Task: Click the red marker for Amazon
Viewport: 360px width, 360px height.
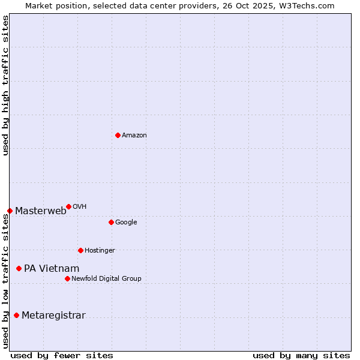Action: (x=118, y=135)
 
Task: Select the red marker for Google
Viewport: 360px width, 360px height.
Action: (x=111, y=222)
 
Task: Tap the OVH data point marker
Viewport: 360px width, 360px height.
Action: (x=68, y=206)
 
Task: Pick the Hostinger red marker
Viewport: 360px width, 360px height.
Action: (x=80, y=250)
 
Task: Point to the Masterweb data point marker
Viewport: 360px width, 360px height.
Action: (x=10, y=211)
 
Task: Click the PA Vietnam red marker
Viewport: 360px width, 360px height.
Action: (x=19, y=268)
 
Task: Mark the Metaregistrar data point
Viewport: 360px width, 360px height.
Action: (x=16, y=316)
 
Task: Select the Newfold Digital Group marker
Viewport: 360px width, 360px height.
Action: (x=67, y=278)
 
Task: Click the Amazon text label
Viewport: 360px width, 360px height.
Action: (x=134, y=136)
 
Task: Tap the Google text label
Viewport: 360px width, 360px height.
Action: (x=126, y=223)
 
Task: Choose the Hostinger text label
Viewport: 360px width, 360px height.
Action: (x=100, y=251)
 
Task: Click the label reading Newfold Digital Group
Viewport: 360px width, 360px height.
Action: (x=106, y=279)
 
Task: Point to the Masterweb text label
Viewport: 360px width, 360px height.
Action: (x=41, y=211)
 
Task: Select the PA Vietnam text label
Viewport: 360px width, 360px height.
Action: (x=52, y=269)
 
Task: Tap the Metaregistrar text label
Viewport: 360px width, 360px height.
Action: (x=53, y=316)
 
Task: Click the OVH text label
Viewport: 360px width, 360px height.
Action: (x=80, y=207)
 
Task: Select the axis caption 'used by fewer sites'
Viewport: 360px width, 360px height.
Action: (x=62, y=355)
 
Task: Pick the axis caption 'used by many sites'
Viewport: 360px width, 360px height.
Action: (x=301, y=355)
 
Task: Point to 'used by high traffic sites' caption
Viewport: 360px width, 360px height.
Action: (x=5, y=85)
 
